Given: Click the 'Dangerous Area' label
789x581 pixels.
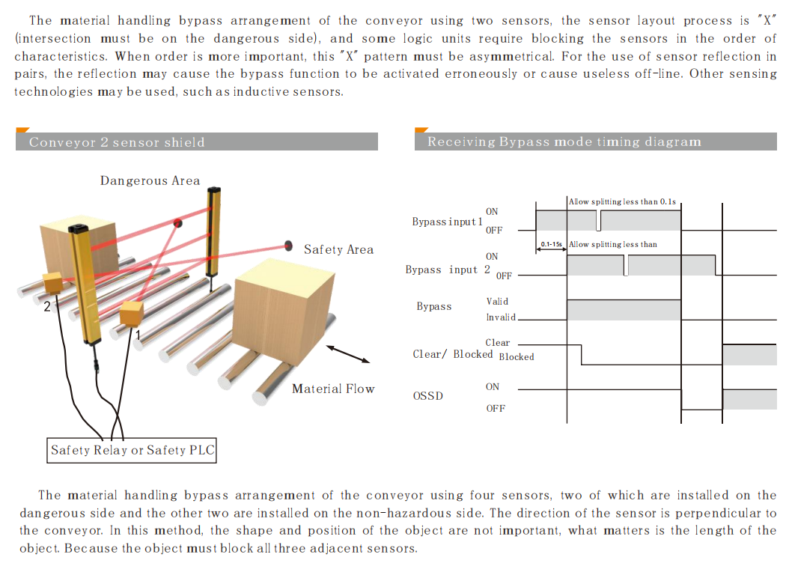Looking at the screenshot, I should pos(150,180).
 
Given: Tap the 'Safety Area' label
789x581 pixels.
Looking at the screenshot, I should pos(338,249).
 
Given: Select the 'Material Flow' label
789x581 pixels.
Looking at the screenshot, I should pos(333,389).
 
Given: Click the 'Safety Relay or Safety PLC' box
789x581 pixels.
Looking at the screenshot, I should pos(132,450).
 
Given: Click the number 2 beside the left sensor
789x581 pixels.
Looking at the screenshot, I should pos(46,305).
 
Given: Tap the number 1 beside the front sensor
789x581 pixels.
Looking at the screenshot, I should pos(137,335).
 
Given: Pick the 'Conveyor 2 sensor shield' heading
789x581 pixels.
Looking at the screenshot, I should pos(117,142).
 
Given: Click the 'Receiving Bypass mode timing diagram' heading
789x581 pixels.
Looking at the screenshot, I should pos(564,142).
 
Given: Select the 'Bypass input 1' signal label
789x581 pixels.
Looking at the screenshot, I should pos(447,222).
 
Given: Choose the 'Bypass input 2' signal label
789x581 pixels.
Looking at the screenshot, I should pos(448,270).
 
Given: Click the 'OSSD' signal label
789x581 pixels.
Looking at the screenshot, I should pos(427,395).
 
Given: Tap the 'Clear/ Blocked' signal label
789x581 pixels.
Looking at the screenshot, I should pos(453,354).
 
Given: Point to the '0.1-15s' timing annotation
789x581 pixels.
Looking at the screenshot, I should pos(552,245).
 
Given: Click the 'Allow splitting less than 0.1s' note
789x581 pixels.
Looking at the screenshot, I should pos(622,201).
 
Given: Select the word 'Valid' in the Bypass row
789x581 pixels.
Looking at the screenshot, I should pos(497,301).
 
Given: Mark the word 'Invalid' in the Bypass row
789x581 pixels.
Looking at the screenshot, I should pos(501,317).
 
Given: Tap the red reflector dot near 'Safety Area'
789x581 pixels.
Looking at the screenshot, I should pos(288,245).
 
